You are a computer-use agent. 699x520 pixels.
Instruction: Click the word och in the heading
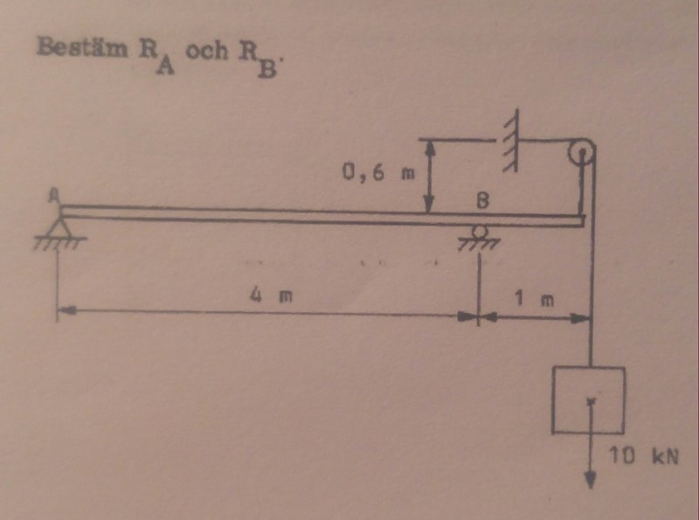[x=204, y=50]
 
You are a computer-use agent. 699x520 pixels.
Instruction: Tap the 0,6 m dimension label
[x=377, y=173]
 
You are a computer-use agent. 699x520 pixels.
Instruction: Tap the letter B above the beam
[x=481, y=200]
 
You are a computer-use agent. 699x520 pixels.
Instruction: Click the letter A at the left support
[x=55, y=198]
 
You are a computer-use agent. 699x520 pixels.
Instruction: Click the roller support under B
[x=478, y=232]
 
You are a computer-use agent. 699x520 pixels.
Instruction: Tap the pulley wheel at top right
[x=580, y=154]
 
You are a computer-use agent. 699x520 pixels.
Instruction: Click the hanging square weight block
[x=588, y=400]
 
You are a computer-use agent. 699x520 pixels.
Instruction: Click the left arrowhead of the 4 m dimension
[x=65, y=309]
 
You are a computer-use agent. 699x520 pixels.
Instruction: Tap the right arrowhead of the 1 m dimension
[x=585, y=317]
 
